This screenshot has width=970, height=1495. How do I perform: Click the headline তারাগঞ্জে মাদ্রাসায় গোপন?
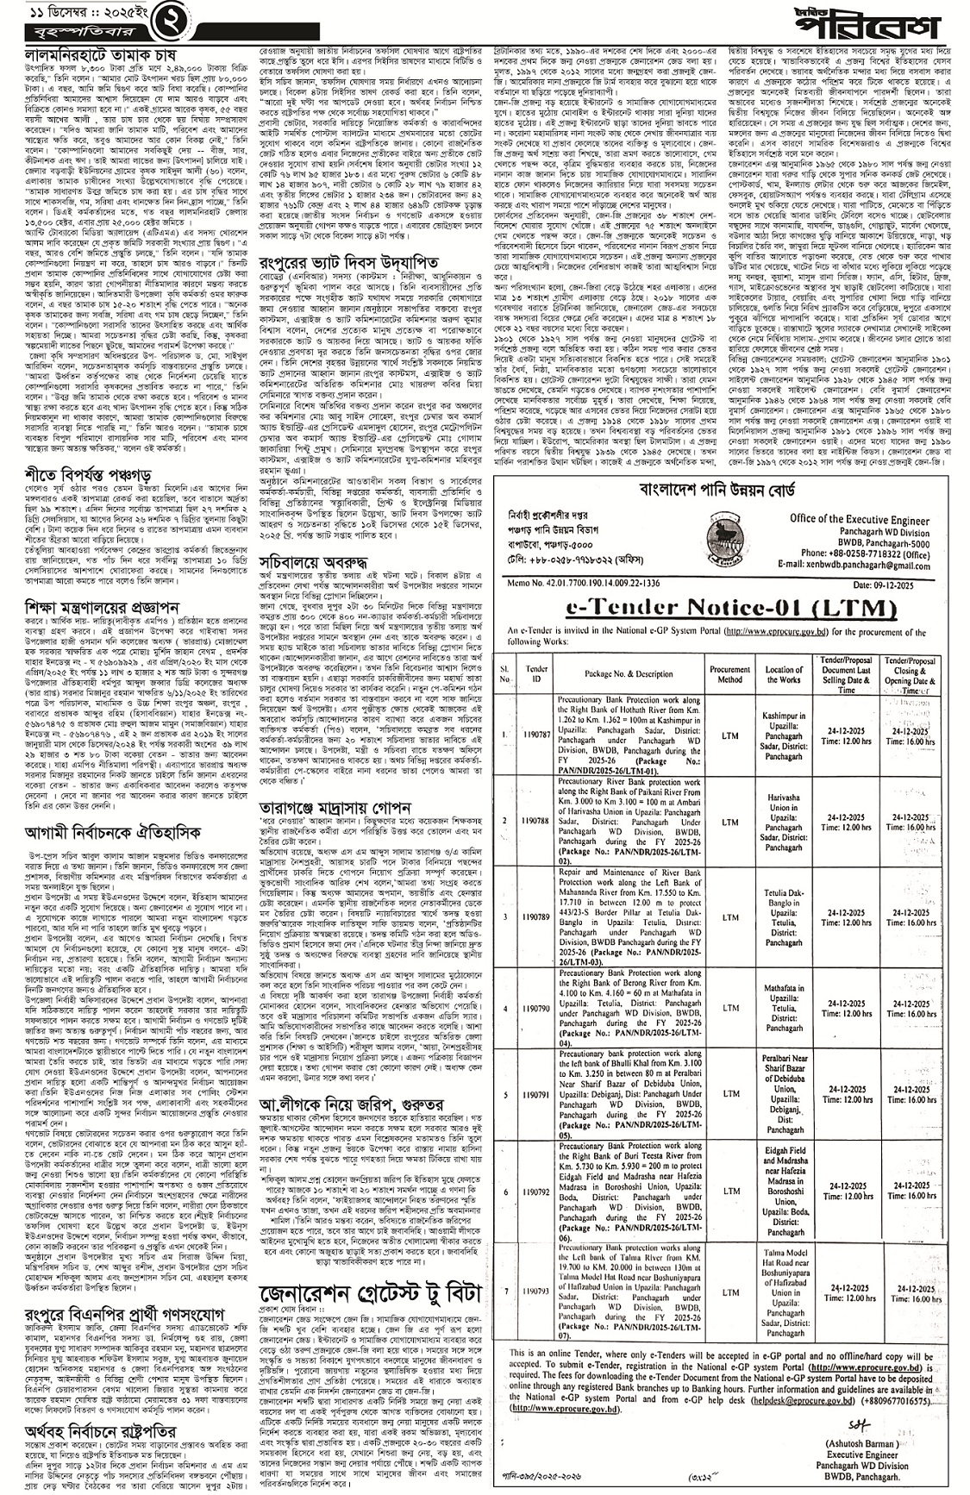click(344, 807)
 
